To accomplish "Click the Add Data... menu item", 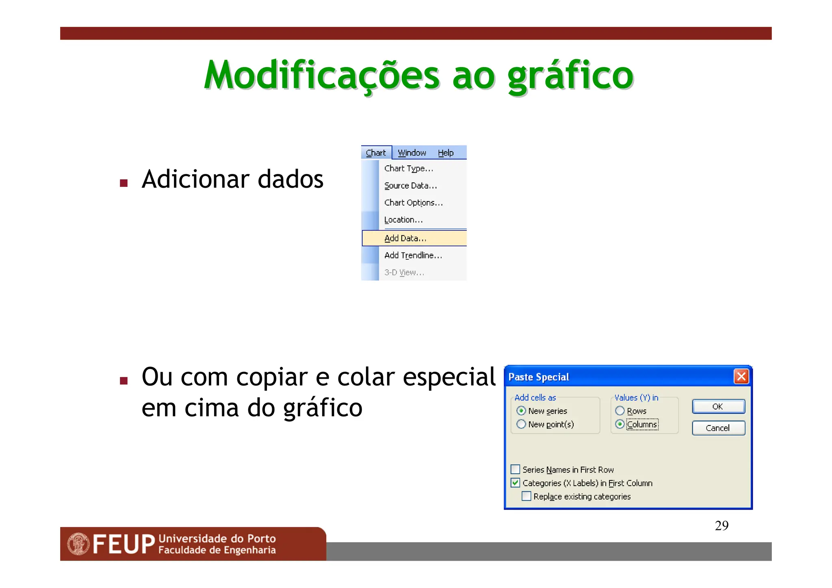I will click(x=405, y=239).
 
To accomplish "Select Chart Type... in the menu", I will click(x=408, y=169).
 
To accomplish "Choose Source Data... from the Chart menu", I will click(x=410, y=186).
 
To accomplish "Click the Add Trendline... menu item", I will click(x=413, y=256).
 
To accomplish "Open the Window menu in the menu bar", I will click(x=412, y=153).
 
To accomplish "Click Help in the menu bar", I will click(x=445, y=153).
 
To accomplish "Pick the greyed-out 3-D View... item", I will click(x=404, y=273).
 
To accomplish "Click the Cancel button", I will click(x=718, y=428).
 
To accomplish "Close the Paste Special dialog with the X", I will click(x=741, y=376).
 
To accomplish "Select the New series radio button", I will click(x=521, y=411).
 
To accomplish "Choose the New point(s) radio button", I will click(x=521, y=424).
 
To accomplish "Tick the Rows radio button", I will click(x=620, y=411).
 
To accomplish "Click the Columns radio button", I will click(x=620, y=424).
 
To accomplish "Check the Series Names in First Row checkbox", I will click(x=516, y=469).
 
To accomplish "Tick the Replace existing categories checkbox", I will click(x=526, y=496).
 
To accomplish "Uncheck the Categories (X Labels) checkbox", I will click(x=516, y=483).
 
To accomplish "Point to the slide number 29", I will click(x=721, y=526).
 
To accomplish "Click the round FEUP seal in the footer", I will click(x=78, y=544).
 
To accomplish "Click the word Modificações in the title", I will click(x=321, y=76).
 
